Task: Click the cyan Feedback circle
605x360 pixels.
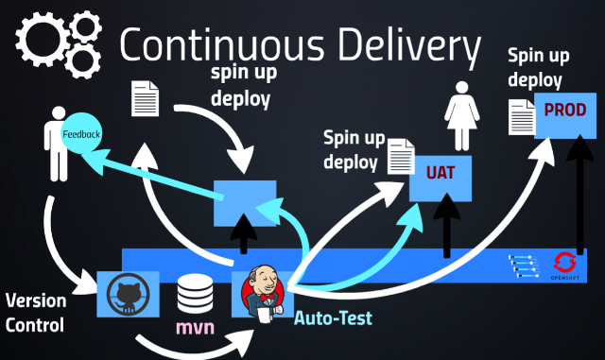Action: click(81, 133)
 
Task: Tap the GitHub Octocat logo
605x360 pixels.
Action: click(129, 295)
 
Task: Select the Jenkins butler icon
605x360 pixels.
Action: click(263, 293)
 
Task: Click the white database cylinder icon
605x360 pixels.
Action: click(195, 294)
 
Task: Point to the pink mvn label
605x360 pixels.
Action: click(195, 327)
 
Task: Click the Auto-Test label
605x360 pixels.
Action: click(333, 318)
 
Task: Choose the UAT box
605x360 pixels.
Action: click(441, 179)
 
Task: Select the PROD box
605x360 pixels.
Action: click(565, 116)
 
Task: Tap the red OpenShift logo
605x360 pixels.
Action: click(565, 263)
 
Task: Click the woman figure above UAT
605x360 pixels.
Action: click(462, 116)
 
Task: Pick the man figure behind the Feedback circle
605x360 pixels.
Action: click(56, 144)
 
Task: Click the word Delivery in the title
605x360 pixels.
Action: click(409, 44)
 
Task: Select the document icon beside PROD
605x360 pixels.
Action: click(522, 117)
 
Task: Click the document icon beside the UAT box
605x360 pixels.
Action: click(401, 156)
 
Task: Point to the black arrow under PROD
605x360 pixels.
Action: click(579, 195)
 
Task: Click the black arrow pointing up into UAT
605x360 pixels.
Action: click(447, 226)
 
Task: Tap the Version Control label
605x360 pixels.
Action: click(36, 313)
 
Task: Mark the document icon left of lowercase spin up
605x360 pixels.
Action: click(145, 98)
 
